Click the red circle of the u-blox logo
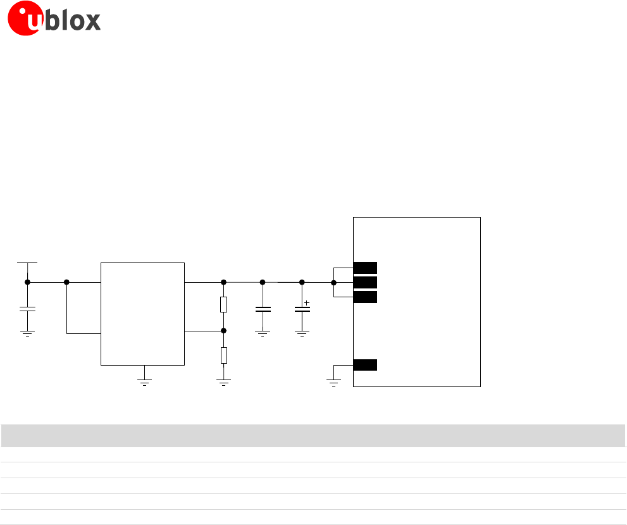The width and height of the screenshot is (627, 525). (x=24, y=22)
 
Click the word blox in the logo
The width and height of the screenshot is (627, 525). (x=73, y=21)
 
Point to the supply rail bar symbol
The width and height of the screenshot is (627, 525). (x=27, y=262)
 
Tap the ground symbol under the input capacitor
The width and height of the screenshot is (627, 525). (x=27, y=333)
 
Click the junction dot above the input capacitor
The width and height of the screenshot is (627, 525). (x=27, y=282)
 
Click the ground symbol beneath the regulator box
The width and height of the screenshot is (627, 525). (x=144, y=381)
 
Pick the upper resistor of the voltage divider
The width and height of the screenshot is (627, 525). (x=223, y=305)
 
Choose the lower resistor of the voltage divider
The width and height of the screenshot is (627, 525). (x=223, y=355)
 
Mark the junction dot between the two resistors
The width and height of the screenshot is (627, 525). (x=223, y=330)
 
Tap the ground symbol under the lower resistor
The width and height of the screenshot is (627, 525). (x=223, y=381)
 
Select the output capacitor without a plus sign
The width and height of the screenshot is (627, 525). (x=263, y=309)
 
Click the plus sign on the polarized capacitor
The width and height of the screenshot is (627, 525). (x=307, y=303)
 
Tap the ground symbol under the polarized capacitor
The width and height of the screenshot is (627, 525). (x=302, y=333)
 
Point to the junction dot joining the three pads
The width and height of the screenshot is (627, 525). (x=333, y=282)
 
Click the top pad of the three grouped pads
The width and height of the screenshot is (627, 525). (x=365, y=268)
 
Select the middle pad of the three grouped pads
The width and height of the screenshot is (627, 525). (x=365, y=282)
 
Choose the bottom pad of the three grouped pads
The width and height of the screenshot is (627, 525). (x=365, y=297)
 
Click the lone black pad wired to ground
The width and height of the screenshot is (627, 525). (x=365, y=365)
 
